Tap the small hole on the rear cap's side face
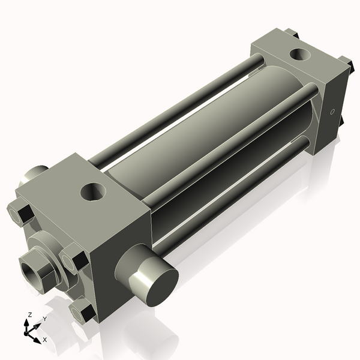[x=332, y=112]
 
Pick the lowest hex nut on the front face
[x=82, y=312]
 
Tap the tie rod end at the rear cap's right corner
[x=346, y=63]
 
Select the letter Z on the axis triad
[x=29, y=314]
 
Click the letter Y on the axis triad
[x=44, y=319]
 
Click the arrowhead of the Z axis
[x=27, y=322]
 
